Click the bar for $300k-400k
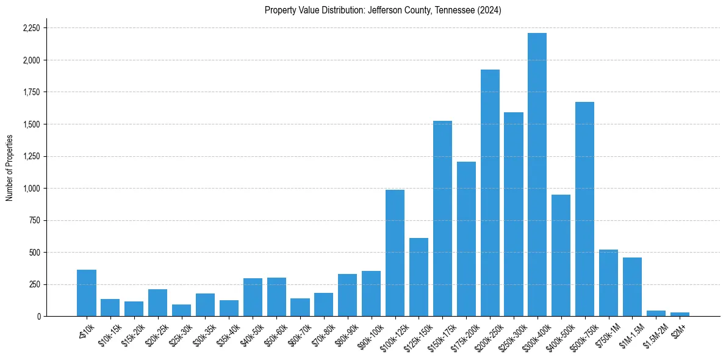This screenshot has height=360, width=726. [x=537, y=175]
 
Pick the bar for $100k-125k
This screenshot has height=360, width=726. [x=395, y=253]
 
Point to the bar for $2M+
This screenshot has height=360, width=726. [x=680, y=314]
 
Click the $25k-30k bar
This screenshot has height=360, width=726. [x=181, y=310]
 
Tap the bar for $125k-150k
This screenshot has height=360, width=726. [x=419, y=277]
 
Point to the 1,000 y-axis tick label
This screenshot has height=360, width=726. [x=31, y=189]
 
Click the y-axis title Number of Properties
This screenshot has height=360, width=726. [x=10, y=168]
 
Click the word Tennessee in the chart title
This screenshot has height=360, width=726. [x=453, y=10]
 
